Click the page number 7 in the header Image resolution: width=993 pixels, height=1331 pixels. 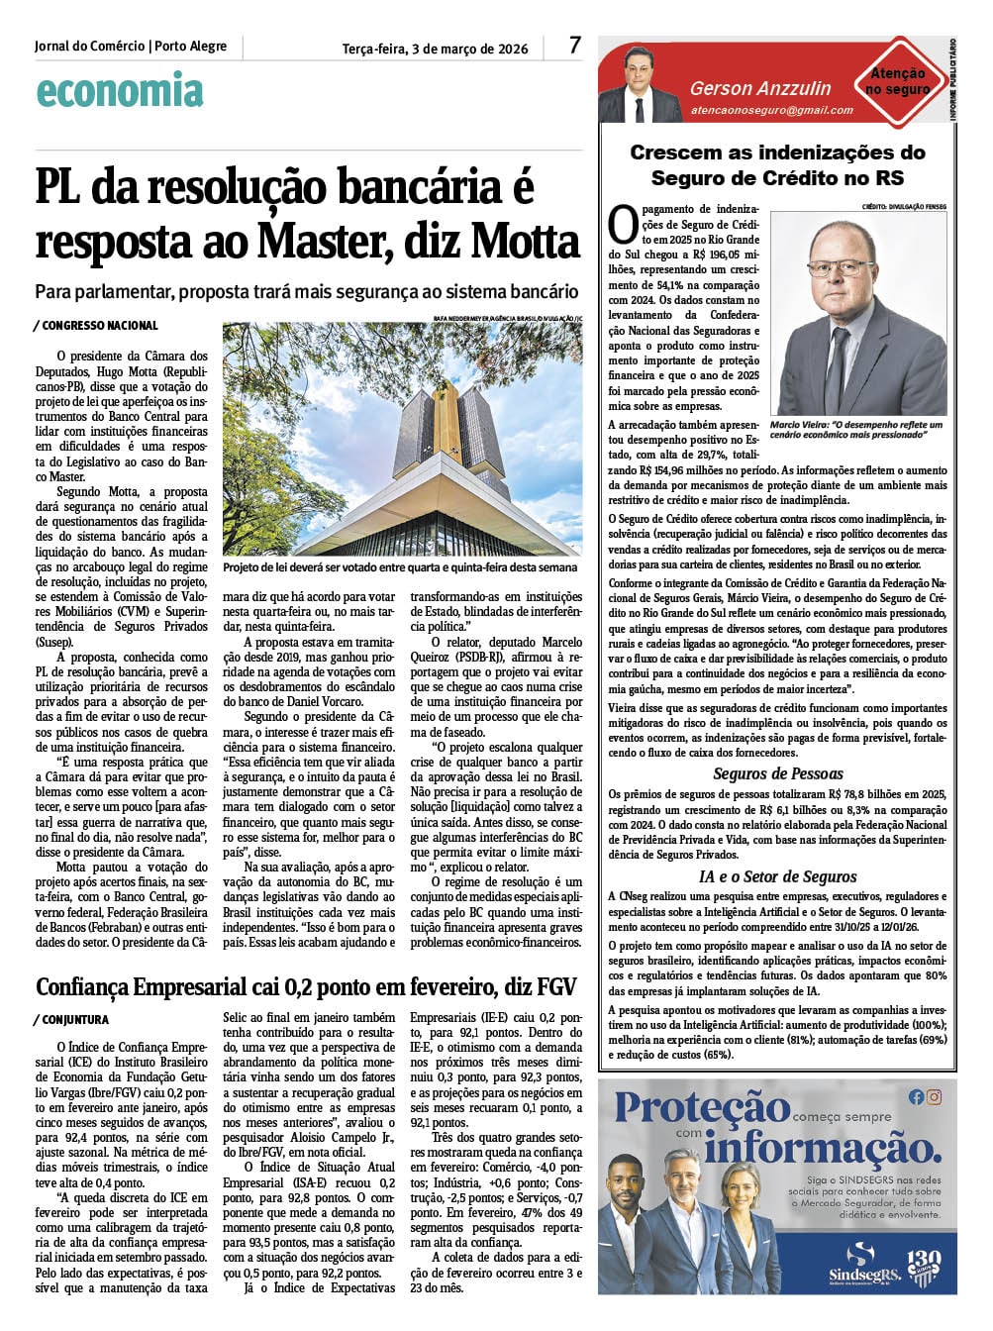coord(575,45)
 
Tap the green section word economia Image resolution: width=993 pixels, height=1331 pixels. coord(119,91)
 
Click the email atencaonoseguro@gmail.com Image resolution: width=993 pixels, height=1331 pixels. coord(771,110)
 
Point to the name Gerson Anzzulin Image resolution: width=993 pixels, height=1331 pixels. coord(760,88)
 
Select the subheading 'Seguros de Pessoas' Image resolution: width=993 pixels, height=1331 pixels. coord(778,773)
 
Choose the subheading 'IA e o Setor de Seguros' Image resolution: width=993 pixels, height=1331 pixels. coord(778,875)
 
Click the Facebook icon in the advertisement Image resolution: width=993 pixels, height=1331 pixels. coord(916,1096)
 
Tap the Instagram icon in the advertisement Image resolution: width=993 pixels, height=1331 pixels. coord(934,1096)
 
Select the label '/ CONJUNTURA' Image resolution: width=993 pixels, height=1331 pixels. coord(70,1019)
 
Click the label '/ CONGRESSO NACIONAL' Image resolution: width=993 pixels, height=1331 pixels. coord(95,325)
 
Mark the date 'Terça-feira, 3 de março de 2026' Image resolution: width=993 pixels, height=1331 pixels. coord(435,49)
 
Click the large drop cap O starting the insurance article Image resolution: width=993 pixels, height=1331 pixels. coord(622,225)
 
